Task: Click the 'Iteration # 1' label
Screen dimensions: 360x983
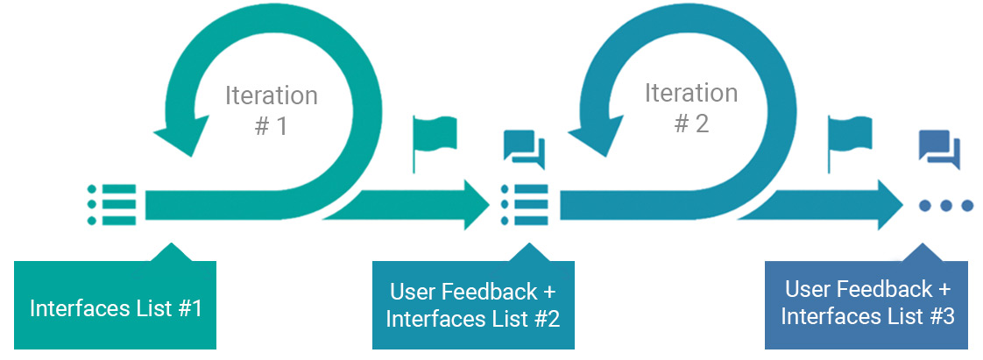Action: (x=271, y=109)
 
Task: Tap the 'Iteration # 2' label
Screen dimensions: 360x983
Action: (x=690, y=108)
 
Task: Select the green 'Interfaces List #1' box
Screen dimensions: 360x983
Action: (x=116, y=308)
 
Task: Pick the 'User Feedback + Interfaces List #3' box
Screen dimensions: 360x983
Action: (x=866, y=303)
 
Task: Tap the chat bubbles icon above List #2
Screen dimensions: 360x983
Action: (x=524, y=149)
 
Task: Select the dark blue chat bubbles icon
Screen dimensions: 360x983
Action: (x=939, y=149)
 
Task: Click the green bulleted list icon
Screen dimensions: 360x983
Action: (x=111, y=205)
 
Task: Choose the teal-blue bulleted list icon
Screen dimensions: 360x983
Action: (x=524, y=205)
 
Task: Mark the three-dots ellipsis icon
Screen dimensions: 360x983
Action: (x=945, y=206)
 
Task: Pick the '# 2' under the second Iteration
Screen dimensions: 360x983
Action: (x=690, y=124)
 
